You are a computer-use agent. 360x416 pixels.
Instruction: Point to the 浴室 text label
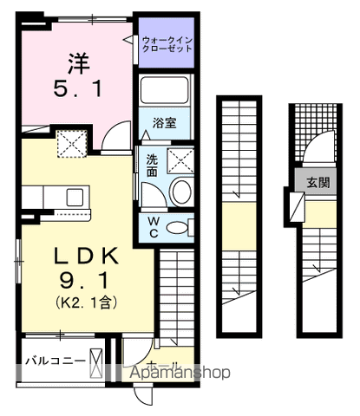tap(166, 122)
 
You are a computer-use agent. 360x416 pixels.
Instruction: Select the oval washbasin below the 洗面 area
tap(181, 192)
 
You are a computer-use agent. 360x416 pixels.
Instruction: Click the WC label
tap(151, 227)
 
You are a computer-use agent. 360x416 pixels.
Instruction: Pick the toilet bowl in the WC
tap(179, 228)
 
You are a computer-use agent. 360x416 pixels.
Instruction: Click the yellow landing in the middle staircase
tap(237, 216)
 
